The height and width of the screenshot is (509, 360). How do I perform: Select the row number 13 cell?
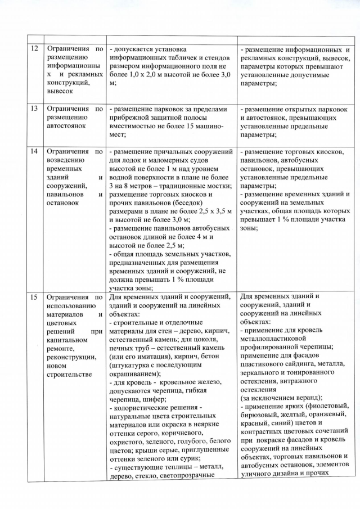(34, 109)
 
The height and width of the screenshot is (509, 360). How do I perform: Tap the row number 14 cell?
(34, 152)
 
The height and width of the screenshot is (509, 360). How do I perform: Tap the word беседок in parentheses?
(183, 203)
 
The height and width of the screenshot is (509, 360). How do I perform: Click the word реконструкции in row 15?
(66, 358)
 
